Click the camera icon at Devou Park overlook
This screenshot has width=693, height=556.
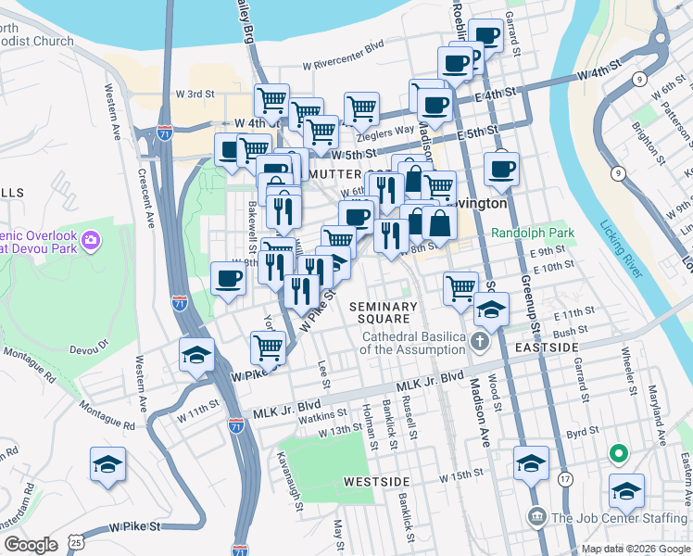[90, 242]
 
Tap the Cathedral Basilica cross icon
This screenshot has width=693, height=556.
[478, 342]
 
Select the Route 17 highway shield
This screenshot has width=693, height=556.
[564, 479]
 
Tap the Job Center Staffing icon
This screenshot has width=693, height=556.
[535, 516]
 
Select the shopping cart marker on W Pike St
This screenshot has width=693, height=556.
[268, 347]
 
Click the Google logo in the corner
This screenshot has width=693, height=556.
[31, 545]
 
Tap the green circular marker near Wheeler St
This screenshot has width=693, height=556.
[618, 454]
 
